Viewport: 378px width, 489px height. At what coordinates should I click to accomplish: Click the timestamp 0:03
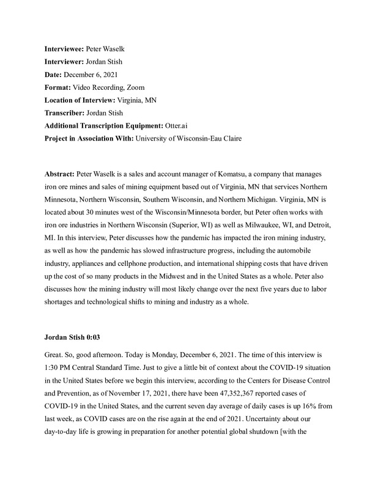click(x=92, y=337)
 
